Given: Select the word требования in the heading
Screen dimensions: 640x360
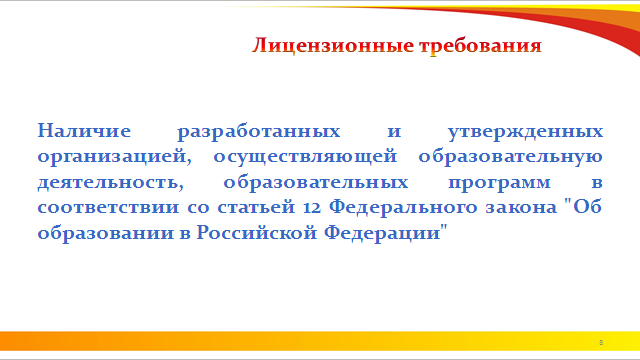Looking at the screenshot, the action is click(480, 46).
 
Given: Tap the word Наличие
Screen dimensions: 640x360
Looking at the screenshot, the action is click(84, 131).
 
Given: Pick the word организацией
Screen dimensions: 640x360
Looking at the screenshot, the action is click(115, 157).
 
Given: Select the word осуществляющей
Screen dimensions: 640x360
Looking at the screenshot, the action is click(305, 157).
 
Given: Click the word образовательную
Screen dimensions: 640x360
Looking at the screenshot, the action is click(511, 157).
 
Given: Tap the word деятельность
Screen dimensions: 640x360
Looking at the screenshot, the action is click(111, 183).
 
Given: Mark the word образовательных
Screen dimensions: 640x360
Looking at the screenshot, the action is click(316, 182).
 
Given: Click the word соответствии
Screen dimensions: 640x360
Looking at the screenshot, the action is click(108, 207).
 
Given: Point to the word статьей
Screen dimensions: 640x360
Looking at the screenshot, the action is click(256, 207).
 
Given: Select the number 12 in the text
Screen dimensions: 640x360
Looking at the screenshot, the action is click(312, 207).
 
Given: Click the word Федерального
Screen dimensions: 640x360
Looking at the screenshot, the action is click(403, 208).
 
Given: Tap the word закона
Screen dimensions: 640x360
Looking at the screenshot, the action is click(521, 207).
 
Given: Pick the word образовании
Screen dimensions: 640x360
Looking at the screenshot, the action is click(106, 233).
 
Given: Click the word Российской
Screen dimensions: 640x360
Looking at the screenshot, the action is click(257, 233).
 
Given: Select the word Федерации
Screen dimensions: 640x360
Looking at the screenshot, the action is click(382, 233).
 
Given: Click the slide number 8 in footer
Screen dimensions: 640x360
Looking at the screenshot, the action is click(601, 342).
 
